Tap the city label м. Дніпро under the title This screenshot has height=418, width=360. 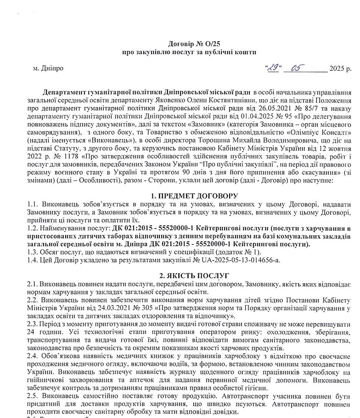[x=48, y=68]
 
